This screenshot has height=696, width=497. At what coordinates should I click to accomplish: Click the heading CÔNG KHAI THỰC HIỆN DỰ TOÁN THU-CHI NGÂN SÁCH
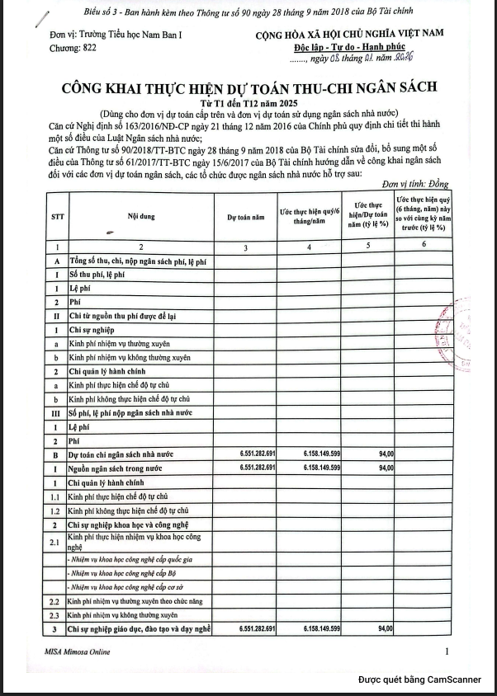(248, 87)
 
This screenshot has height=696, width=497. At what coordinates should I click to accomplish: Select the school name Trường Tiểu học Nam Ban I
(106, 35)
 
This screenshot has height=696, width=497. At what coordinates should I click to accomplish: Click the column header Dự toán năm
(246, 218)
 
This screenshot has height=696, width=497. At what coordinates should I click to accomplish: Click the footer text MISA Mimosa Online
(78, 652)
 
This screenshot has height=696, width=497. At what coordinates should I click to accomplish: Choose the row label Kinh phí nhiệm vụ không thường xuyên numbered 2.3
(123, 615)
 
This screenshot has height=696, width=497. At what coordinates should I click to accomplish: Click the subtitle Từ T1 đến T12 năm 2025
(247, 101)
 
